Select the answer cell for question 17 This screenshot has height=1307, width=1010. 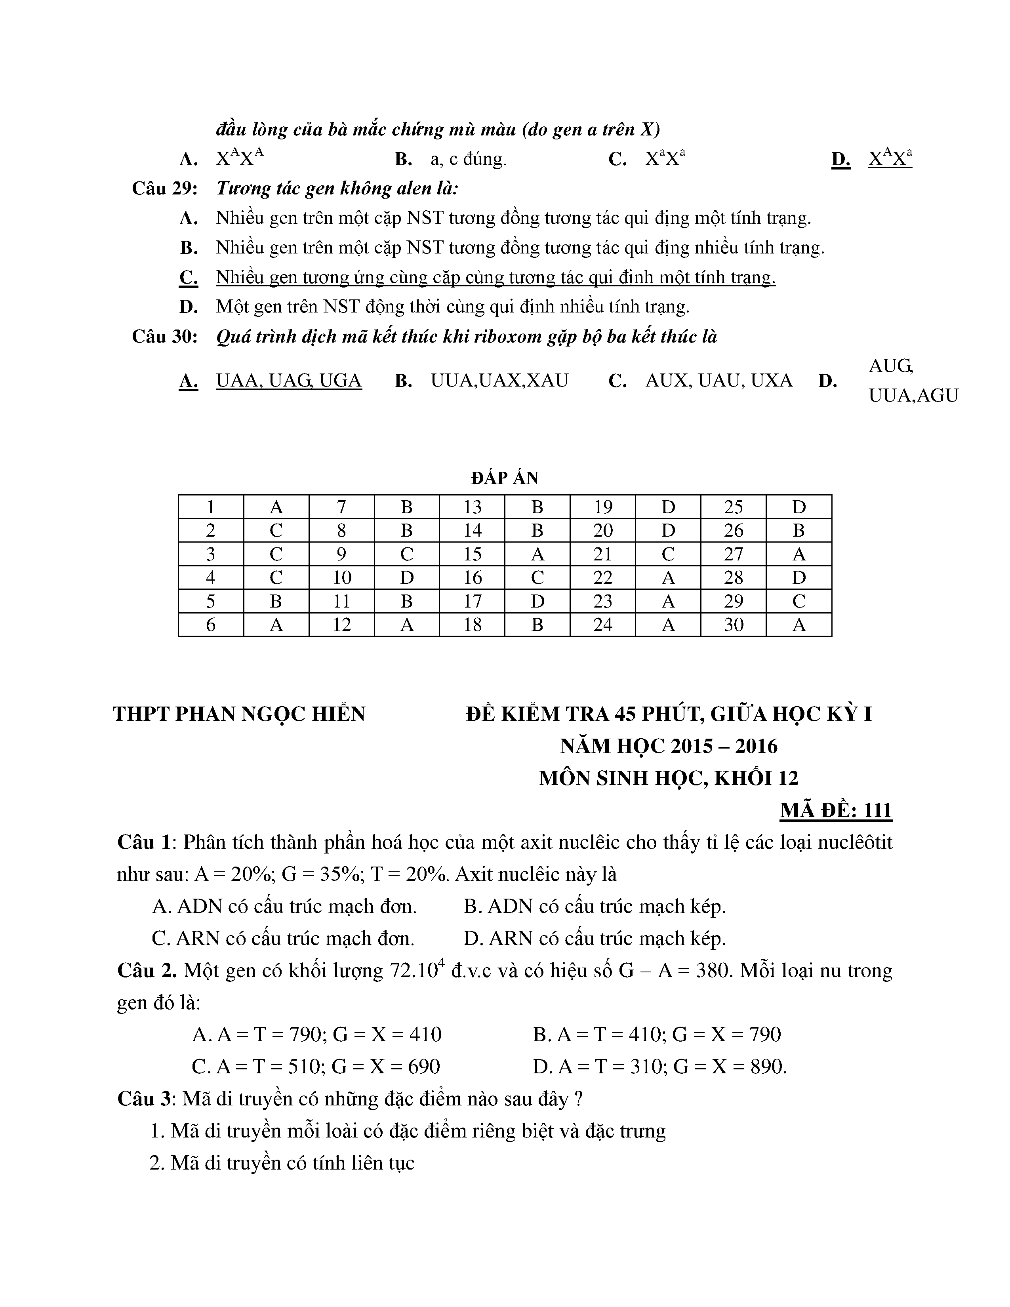[x=537, y=601]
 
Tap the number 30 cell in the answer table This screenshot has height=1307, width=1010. [x=734, y=625]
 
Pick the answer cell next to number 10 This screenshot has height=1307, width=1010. [x=406, y=577]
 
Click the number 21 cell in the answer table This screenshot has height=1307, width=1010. [x=602, y=554]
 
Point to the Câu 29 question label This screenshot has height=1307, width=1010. [x=164, y=189]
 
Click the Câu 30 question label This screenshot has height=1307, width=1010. [x=164, y=337]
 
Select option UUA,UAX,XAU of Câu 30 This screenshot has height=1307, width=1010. [x=499, y=381]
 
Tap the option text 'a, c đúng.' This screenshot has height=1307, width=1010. [x=468, y=159]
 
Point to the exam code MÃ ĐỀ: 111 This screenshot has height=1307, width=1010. [x=836, y=810]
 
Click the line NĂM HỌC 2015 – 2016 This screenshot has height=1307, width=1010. [x=668, y=746]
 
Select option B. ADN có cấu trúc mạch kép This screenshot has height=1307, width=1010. [x=594, y=907]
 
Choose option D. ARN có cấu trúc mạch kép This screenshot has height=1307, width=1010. [x=594, y=938]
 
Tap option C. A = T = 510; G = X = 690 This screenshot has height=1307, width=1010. [x=315, y=1067]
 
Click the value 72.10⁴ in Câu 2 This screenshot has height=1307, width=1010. [x=417, y=970]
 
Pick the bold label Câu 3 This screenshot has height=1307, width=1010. [x=144, y=1099]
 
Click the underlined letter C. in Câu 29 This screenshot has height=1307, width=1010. [x=189, y=278]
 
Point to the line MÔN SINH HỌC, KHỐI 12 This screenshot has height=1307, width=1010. [x=668, y=778]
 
